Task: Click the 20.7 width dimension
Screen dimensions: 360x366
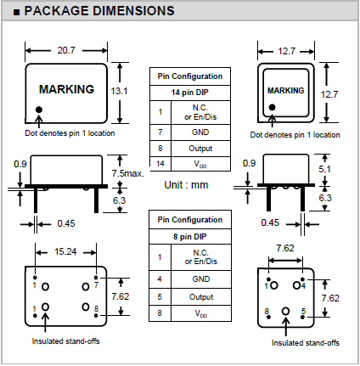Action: click(66, 50)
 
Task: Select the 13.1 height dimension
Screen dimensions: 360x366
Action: click(119, 91)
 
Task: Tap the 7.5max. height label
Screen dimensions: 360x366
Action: click(127, 173)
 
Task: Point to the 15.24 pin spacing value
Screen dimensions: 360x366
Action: click(65, 251)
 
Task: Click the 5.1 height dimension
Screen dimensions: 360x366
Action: click(324, 169)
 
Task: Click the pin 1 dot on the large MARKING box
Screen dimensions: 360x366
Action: click(39, 110)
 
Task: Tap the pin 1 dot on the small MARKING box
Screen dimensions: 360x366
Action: click(272, 107)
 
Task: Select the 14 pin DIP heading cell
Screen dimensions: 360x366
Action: click(190, 93)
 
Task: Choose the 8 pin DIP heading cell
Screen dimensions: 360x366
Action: click(190, 236)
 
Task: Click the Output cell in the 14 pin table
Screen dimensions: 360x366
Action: click(200, 149)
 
